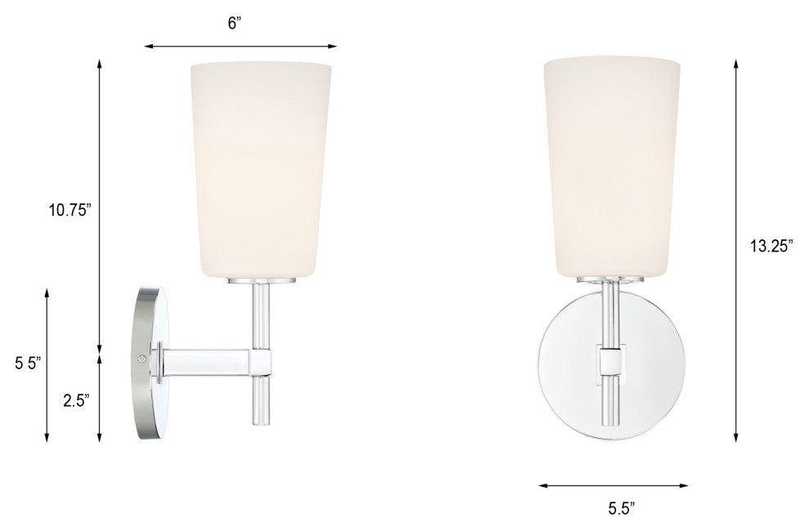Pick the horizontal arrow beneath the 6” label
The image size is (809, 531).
point(240,47)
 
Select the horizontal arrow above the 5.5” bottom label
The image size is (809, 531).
point(613,484)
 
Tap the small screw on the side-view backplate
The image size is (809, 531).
point(144,358)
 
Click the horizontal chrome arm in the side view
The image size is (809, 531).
point(208,359)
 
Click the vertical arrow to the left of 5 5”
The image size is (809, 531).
point(47,364)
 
